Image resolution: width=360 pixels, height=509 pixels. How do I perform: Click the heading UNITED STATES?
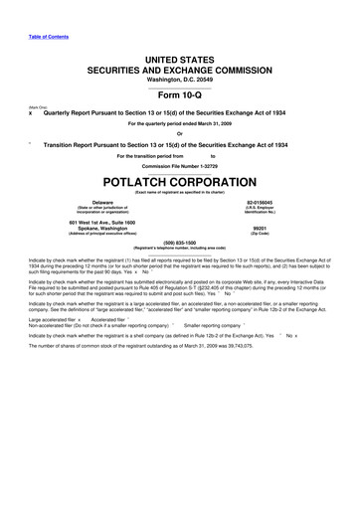pos(180,62)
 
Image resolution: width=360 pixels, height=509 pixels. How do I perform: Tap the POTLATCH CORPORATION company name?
pos(180,183)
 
